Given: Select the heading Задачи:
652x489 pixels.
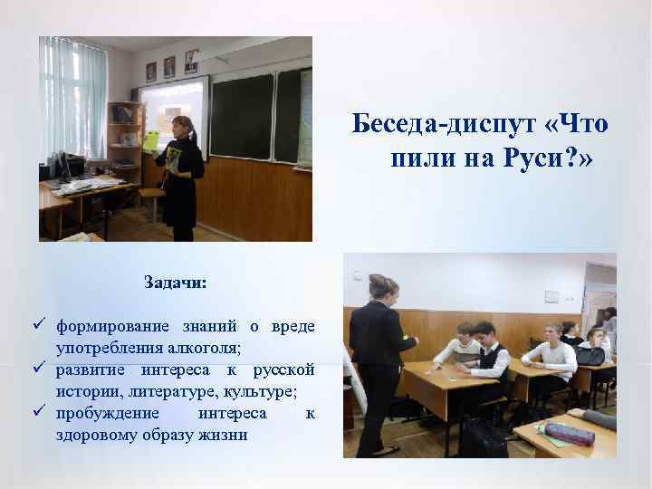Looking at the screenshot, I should [x=175, y=283].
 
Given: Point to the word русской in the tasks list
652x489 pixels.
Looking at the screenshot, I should [x=283, y=369].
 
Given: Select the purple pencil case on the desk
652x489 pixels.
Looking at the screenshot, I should [x=570, y=434].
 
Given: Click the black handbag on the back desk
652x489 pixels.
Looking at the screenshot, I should [x=590, y=356].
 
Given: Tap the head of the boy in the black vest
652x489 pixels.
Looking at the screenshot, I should [x=484, y=331].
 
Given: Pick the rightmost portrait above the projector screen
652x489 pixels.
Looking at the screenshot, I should [x=191, y=62].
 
